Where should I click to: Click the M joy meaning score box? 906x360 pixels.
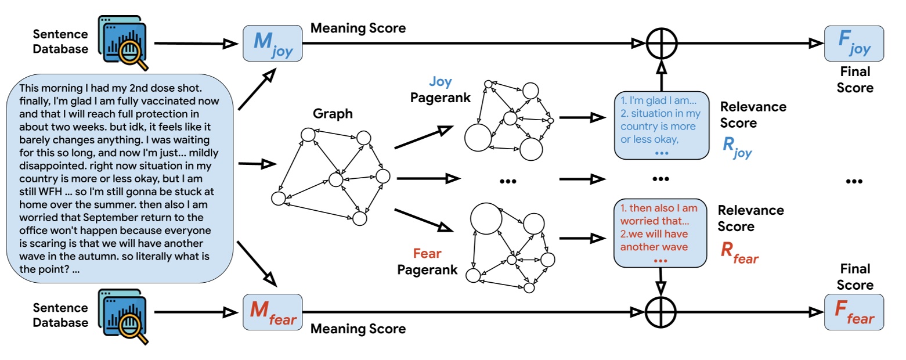coord(272,43)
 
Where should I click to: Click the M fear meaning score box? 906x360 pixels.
coord(272,312)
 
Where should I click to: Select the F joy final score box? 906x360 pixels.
coord(854,43)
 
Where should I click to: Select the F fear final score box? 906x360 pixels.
coord(854,312)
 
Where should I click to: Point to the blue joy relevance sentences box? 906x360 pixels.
coord(661,125)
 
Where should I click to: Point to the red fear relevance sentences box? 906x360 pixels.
coord(661,232)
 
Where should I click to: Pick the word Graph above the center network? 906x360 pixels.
coord(333,114)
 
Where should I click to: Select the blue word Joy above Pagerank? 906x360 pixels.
coord(440,82)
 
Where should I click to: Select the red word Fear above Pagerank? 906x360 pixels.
coord(427,254)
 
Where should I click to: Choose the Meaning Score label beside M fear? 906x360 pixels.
coord(358,329)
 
